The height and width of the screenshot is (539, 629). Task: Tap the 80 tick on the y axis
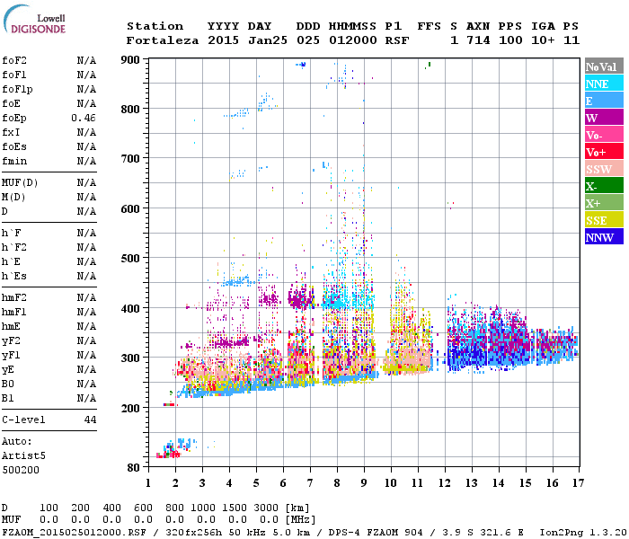click(133, 468)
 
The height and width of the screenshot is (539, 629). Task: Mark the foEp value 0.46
click(84, 118)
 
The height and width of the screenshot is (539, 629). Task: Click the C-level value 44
click(90, 420)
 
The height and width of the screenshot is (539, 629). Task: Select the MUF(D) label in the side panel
click(21, 182)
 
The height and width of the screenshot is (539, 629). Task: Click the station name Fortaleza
click(163, 40)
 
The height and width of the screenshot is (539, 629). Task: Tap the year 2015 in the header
click(223, 40)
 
